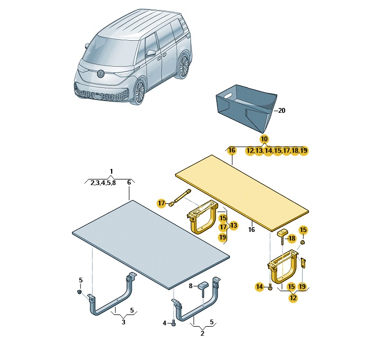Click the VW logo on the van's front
[x=101, y=74]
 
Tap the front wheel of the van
[x=140, y=92]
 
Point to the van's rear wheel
[x=184, y=66]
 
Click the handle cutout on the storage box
[x=227, y=95]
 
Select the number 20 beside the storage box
[x=281, y=111]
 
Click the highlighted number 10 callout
[x=264, y=139]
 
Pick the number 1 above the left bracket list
[x=111, y=172]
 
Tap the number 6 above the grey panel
[x=129, y=183]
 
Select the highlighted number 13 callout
[x=233, y=226]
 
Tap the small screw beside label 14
[x=270, y=287]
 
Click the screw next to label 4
[x=174, y=323]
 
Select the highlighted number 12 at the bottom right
[x=293, y=298]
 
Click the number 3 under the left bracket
[x=123, y=322]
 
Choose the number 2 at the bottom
[x=202, y=334]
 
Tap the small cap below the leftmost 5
[x=79, y=292]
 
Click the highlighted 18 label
[x=291, y=238]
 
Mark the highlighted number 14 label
[x=260, y=286]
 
